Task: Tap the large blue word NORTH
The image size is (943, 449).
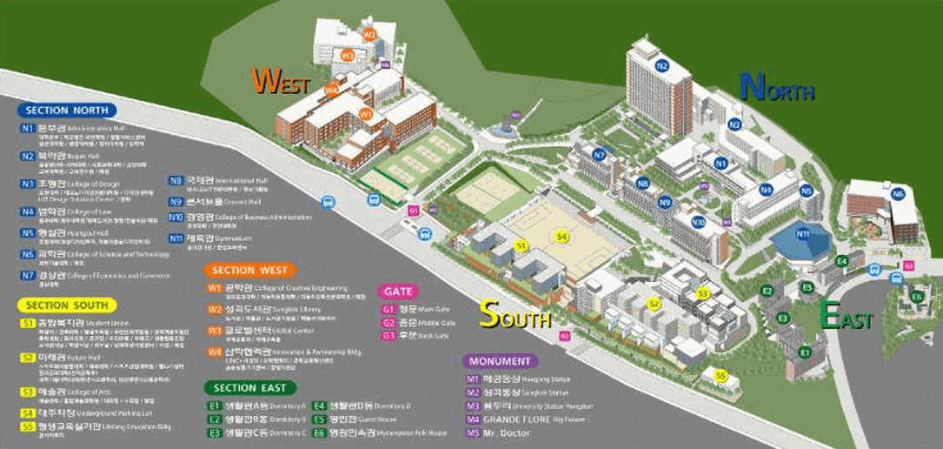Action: (x=776, y=87)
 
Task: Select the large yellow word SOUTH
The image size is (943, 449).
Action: (x=515, y=314)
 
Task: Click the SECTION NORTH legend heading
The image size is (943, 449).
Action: (x=67, y=111)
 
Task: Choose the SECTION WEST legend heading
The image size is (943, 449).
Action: (x=249, y=271)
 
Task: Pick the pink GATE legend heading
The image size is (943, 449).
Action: (x=398, y=292)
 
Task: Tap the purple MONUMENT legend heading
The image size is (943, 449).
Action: (x=500, y=361)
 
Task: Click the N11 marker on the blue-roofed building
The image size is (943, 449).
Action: (x=802, y=233)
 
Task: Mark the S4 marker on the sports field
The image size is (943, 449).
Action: (x=561, y=237)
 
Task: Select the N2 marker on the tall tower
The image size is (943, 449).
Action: (x=662, y=66)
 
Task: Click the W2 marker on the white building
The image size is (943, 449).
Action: (x=369, y=35)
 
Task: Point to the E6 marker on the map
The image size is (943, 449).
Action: (x=916, y=298)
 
